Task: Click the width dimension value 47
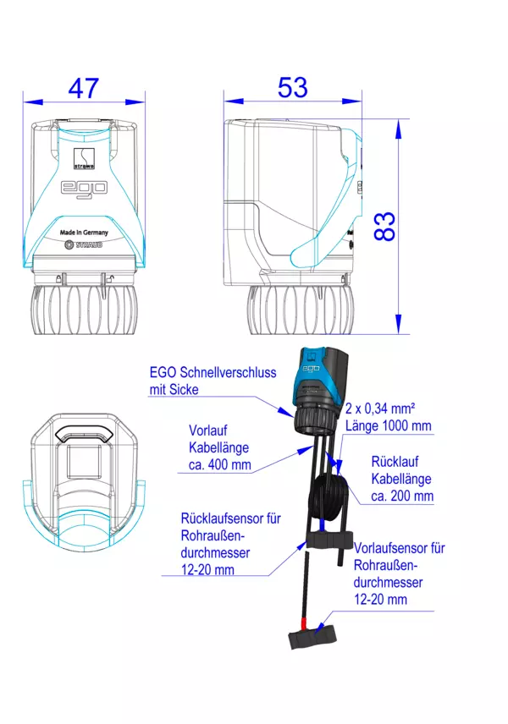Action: (84, 88)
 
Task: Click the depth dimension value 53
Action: (293, 87)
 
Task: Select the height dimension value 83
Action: (384, 227)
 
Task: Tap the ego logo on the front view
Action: (84, 188)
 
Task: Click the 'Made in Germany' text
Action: (84, 233)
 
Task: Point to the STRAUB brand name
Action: (89, 244)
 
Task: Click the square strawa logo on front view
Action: (84, 158)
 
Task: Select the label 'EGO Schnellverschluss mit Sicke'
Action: (213, 381)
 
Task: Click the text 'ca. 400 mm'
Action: (219, 464)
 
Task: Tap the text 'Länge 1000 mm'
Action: (389, 425)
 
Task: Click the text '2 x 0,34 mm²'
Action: (380, 409)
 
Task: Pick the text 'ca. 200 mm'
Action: (402, 496)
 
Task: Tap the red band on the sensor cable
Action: (303, 623)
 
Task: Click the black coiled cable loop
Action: (329, 498)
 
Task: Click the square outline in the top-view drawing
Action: (84, 462)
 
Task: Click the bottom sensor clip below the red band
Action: (312, 637)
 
